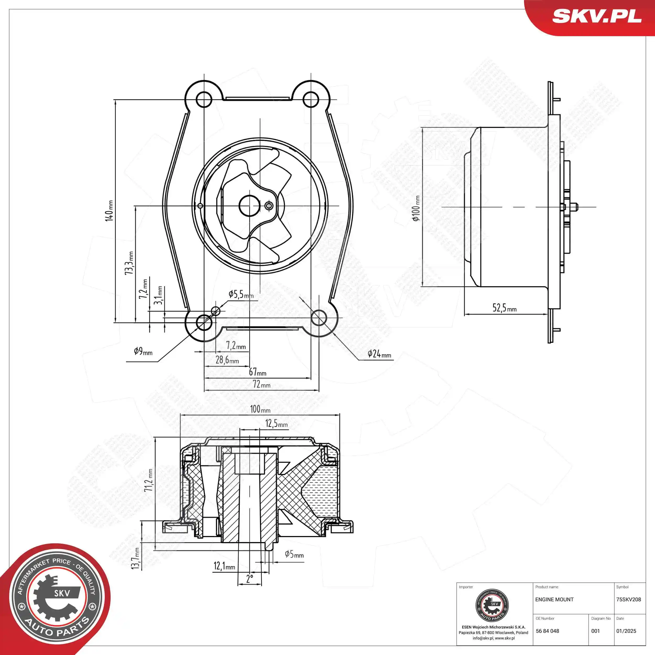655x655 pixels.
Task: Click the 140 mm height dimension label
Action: (x=109, y=211)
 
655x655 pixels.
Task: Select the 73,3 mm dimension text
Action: (x=129, y=263)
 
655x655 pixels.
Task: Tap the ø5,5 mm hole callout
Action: (x=241, y=294)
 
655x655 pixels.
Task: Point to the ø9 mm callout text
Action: (x=143, y=351)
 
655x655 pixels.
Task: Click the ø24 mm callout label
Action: (x=379, y=354)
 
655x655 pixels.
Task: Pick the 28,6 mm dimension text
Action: (x=227, y=360)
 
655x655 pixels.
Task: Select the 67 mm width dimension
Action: (x=258, y=372)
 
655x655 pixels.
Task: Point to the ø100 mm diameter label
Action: (x=416, y=208)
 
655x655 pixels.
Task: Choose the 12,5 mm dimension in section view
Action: (x=276, y=423)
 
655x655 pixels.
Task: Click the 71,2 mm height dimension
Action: (x=149, y=481)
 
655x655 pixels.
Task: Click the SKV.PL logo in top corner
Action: (x=597, y=16)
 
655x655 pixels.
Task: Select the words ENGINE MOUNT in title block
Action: (x=554, y=599)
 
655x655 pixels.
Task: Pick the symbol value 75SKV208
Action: (x=629, y=599)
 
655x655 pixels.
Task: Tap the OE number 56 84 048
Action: (x=548, y=631)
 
